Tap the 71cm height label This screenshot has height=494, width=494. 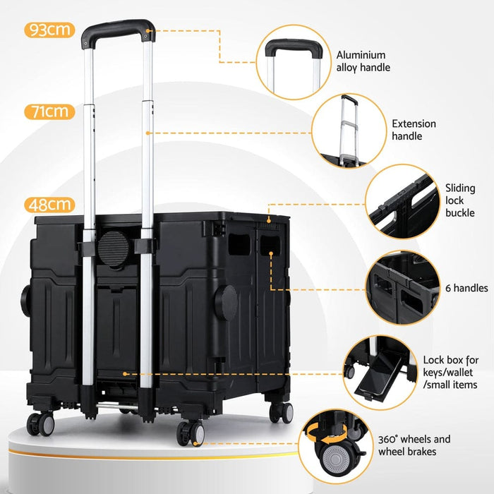(49, 112)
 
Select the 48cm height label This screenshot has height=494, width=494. (49, 205)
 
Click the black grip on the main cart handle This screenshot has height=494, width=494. (118, 30)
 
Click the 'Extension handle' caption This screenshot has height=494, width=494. (414, 130)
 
